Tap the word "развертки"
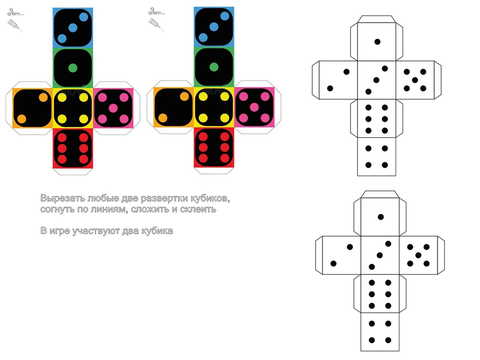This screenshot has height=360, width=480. click(x=164, y=199)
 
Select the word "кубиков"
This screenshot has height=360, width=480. click(x=210, y=198)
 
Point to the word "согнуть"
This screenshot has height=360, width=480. click(x=57, y=210)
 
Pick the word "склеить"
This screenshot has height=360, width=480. click(x=198, y=209)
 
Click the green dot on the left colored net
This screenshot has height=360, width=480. click(x=73, y=68)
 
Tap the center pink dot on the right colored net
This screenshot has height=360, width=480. click(x=254, y=107)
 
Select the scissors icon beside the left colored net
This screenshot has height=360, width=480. click(x=15, y=12)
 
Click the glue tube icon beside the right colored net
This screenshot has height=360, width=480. click(x=156, y=24)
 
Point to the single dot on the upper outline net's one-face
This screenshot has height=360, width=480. click(x=377, y=42)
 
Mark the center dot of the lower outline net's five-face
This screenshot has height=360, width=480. click(x=418, y=255)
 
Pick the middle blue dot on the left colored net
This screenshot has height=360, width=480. click(x=73, y=28)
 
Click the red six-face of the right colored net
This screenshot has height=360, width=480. click(x=214, y=147)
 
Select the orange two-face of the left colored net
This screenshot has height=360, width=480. click(x=32, y=108)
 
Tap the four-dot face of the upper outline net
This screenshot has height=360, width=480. click(x=376, y=157)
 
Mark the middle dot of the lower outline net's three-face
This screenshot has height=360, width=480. click(x=380, y=255)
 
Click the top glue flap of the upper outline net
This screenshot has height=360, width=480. click(x=376, y=19)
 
